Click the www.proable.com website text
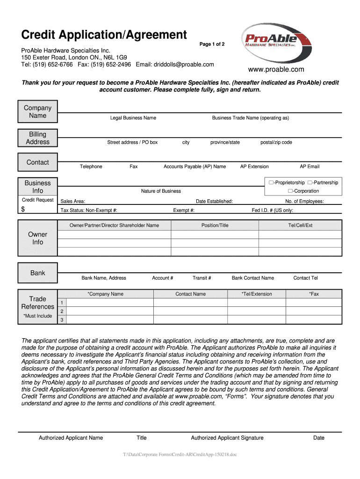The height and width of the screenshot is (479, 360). click(x=276, y=70)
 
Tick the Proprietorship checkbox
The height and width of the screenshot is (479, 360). click(x=271, y=182)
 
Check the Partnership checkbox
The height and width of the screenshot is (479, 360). click(x=310, y=182)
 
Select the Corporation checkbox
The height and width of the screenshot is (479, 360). click(x=290, y=191)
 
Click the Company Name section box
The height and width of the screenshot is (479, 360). click(x=37, y=112)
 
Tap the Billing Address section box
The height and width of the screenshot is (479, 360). click(x=37, y=138)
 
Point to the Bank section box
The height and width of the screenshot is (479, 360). click(x=37, y=273)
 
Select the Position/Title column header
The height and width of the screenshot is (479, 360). click(x=215, y=225)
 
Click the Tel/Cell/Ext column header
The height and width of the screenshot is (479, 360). click(x=300, y=225)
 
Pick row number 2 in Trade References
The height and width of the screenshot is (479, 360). click(x=62, y=311)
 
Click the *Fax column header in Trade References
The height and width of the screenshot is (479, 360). click(x=314, y=294)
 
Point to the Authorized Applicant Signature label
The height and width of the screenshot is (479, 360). click(x=227, y=438)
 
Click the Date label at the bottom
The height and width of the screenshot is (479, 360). click(x=319, y=438)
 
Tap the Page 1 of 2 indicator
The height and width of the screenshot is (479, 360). click(x=212, y=44)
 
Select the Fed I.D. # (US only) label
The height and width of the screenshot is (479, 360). click(x=273, y=210)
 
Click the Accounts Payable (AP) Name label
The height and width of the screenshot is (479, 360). click(x=194, y=167)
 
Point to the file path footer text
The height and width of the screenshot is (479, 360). click(x=180, y=454)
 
